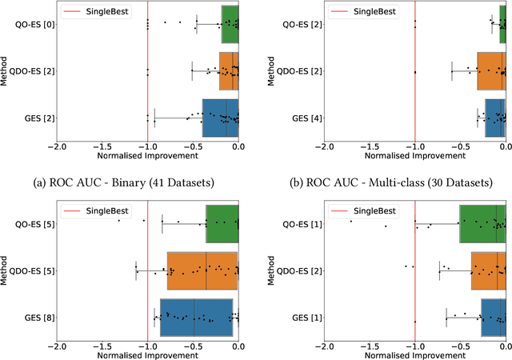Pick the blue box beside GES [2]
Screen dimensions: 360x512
tap(219, 118)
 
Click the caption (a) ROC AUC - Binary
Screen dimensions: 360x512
tap(123, 182)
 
